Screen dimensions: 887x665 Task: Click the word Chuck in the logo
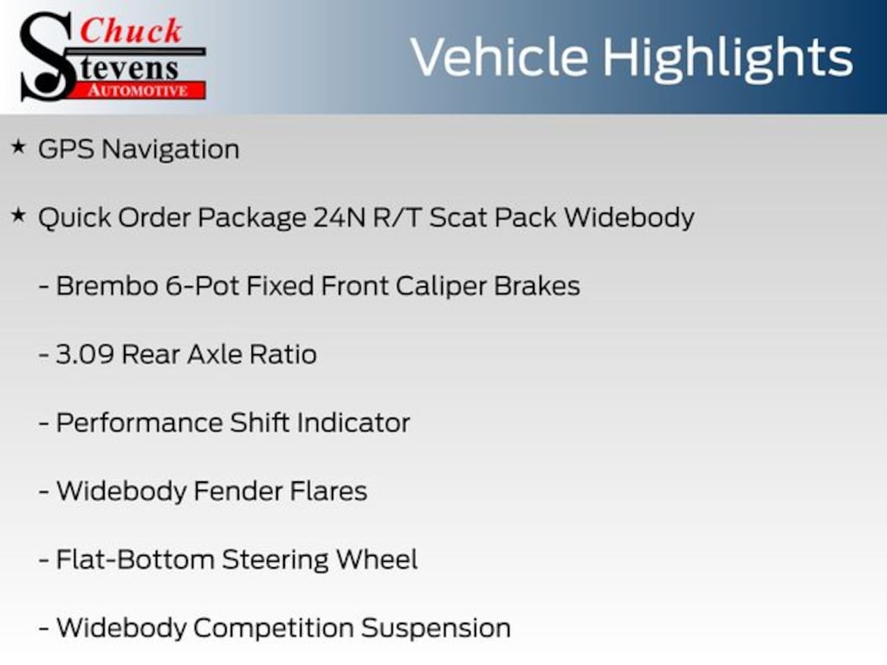click(x=131, y=30)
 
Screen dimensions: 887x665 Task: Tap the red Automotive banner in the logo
click(x=138, y=90)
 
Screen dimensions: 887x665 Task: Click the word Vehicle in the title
click(x=499, y=57)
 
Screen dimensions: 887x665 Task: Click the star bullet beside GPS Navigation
click(x=19, y=147)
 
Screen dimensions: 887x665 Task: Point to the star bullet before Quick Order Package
click(x=19, y=216)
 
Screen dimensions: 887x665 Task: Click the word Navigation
click(x=171, y=150)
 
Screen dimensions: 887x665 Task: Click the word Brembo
click(x=107, y=286)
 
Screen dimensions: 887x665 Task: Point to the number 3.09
click(x=85, y=354)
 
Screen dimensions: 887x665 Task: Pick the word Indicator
click(x=353, y=423)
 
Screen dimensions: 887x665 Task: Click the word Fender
click(x=237, y=491)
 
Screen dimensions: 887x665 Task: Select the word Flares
click(x=328, y=491)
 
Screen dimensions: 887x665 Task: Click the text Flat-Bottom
click(x=135, y=559)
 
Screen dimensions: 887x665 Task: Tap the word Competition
click(x=273, y=629)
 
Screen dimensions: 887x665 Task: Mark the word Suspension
click(x=436, y=629)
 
